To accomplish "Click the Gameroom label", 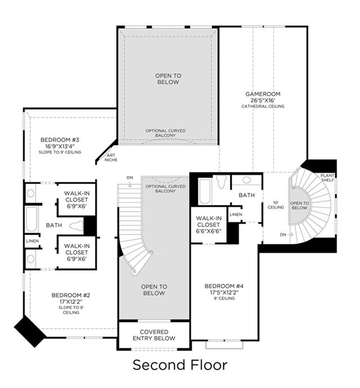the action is pos(263,94).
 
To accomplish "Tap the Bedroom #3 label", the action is pos(60,140).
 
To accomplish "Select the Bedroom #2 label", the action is pos(71,295).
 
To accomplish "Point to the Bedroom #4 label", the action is pos(224,286).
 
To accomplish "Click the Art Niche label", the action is pos(111,158).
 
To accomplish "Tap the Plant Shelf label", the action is pos(327,177).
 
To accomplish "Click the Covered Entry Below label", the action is pos(154,335).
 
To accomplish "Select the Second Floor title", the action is pos(180,365).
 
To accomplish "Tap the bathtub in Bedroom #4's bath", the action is pos(205,191).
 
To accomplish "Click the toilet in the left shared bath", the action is pos(76,225).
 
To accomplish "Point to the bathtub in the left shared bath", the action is pos(31,220).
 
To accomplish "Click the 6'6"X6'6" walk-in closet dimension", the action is pos(208,231).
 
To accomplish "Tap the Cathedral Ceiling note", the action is pos(263,106).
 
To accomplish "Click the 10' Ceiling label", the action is pos(275,205).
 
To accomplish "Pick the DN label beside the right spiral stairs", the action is pos(283,235).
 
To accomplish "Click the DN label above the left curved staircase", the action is pos(130,177).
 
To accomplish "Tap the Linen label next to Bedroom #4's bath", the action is pos(235,215).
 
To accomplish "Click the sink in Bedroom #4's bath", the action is pos(247,180).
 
